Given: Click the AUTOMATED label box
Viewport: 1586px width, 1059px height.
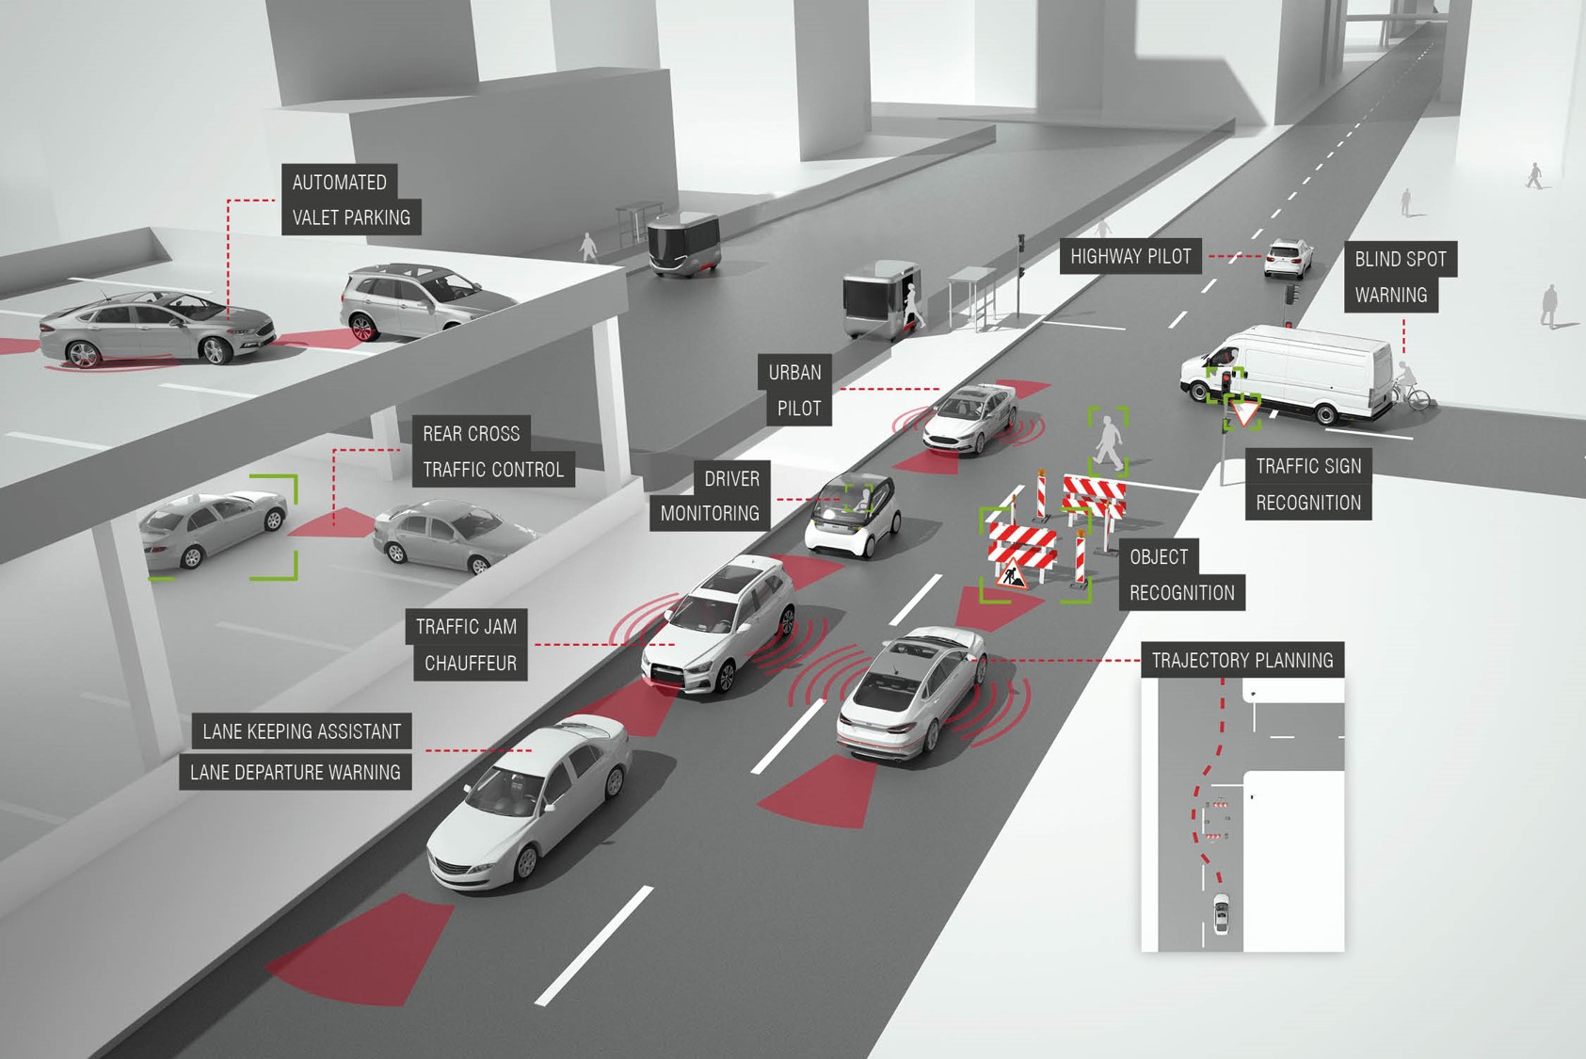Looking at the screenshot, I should tap(339, 183).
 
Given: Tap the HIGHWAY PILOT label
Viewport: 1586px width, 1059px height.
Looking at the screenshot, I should tap(1130, 256).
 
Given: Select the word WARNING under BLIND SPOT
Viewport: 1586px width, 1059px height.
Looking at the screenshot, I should tap(1390, 296).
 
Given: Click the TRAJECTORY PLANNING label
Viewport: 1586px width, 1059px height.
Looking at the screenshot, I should tap(1242, 661).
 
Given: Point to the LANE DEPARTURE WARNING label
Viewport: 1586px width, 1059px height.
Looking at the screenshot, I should tap(296, 773).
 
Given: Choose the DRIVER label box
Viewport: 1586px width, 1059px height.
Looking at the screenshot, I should tap(731, 479).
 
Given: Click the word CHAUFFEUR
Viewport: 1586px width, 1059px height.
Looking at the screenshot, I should tap(470, 664).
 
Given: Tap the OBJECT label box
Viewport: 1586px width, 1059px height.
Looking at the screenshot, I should tap(1159, 557).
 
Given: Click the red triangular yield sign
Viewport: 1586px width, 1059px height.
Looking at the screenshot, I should tap(1244, 413).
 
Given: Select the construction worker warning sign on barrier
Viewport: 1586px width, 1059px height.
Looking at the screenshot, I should tap(1011, 575).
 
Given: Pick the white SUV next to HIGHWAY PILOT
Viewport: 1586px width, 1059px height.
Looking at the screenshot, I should tap(1288, 258).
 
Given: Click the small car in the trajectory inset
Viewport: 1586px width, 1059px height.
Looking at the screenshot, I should tap(1221, 913).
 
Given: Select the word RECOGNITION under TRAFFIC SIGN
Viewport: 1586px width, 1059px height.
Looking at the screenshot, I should tap(1308, 503).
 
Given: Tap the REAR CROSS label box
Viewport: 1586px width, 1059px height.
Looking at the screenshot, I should tap(471, 434).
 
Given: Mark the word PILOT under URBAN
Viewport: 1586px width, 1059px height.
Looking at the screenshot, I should tap(799, 409).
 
